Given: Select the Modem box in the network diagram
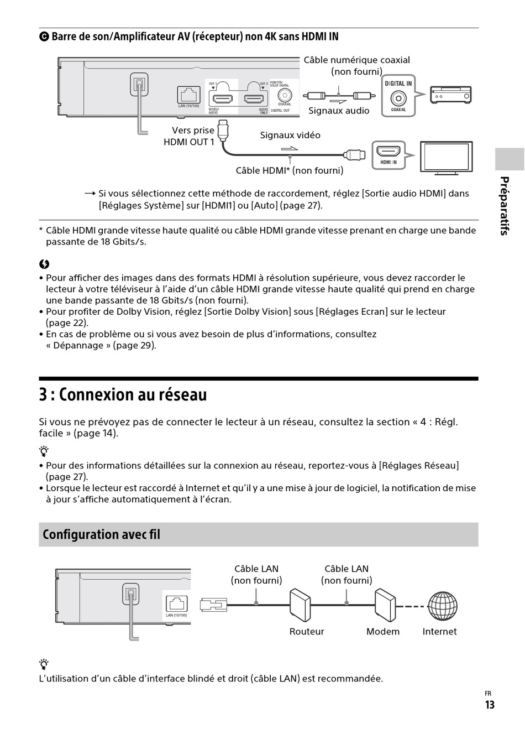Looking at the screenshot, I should (x=385, y=606).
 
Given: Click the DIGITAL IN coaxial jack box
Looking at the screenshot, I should (x=398, y=96).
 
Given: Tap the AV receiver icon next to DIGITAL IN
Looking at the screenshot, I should (x=451, y=95).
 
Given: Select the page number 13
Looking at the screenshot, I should (x=490, y=705).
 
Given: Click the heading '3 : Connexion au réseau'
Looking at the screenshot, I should (x=123, y=395).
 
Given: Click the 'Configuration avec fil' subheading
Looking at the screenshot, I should (x=101, y=534).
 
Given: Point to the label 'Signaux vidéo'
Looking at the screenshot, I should (x=290, y=135).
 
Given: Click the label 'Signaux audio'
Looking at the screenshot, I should (x=339, y=111).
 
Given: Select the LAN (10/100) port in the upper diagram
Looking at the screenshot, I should (x=189, y=95).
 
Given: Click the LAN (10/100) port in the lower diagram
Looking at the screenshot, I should (x=176, y=604).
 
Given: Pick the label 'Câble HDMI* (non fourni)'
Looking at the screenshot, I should (x=290, y=170).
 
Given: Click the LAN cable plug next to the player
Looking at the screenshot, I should (x=213, y=605).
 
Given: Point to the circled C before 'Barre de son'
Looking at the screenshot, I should (x=44, y=37).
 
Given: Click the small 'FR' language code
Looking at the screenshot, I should (x=488, y=694).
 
